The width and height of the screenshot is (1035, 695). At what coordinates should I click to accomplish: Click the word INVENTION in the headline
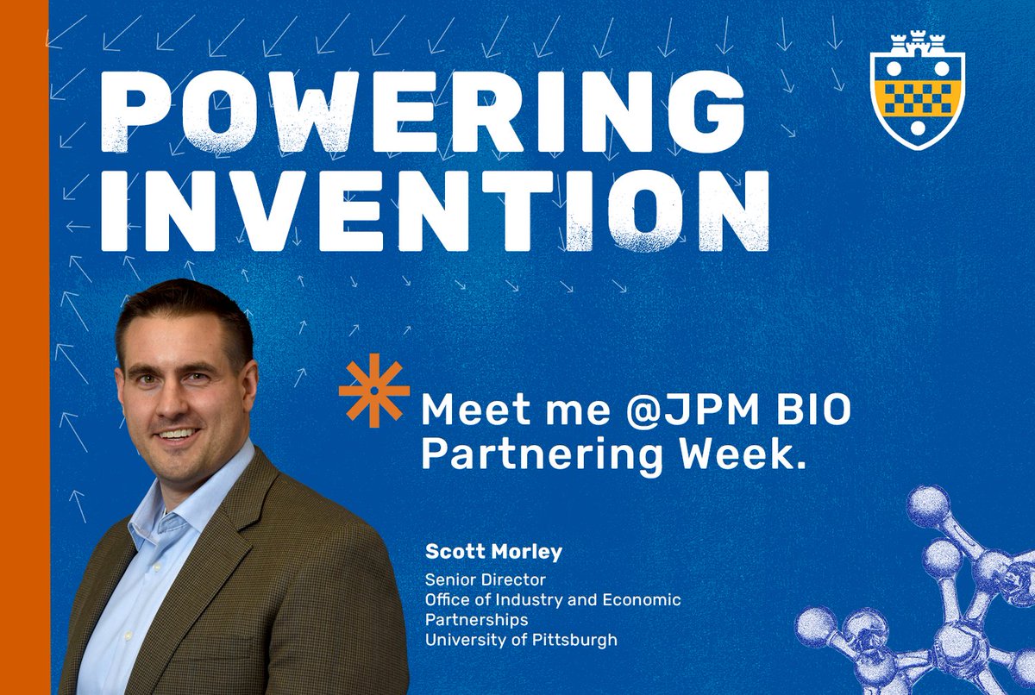point(435,208)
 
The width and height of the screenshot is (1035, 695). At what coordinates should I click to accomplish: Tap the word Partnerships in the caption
point(476,620)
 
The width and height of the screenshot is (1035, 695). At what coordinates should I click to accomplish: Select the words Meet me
point(488,412)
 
